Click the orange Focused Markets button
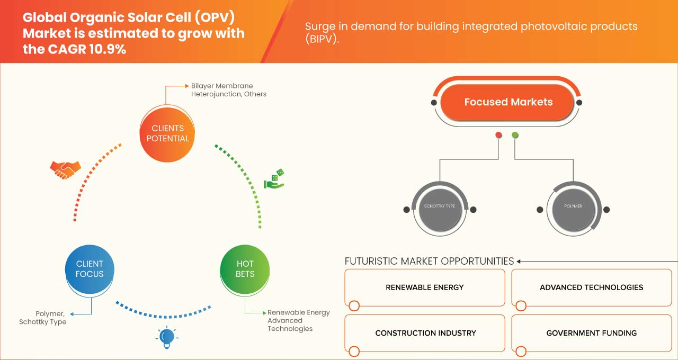507,102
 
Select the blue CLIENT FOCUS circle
90,269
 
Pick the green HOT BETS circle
245,269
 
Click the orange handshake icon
65,169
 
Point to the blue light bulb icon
167,337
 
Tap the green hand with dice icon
274,179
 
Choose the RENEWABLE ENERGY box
424,287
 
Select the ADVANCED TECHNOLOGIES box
591,287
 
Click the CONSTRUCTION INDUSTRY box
425,333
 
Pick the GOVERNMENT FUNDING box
591,333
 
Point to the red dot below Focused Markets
498,136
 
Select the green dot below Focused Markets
515,136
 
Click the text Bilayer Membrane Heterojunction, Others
229,90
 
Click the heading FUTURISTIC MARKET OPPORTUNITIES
429,261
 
